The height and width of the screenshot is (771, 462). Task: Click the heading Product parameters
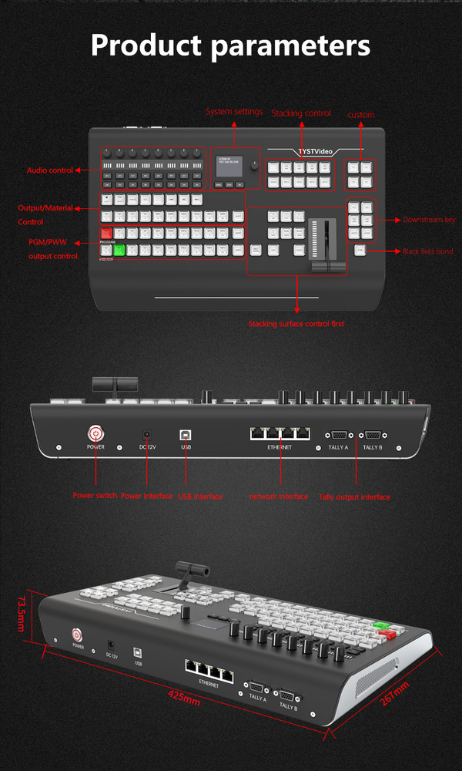click(x=230, y=45)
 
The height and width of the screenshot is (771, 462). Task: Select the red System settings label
click(x=234, y=112)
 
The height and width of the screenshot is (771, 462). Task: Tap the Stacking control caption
click(x=301, y=113)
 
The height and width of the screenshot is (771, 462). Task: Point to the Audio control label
click(x=50, y=170)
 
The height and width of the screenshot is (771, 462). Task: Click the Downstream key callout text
click(x=429, y=220)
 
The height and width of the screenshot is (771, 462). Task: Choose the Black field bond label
click(x=428, y=251)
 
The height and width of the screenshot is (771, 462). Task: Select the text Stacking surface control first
click(x=296, y=324)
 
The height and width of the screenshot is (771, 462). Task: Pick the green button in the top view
click(x=119, y=249)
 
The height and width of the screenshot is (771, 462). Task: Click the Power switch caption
click(x=95, y=496)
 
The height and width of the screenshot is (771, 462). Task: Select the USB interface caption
click(x=200, y=496)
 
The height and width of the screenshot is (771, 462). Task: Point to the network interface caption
click(x=278, y=497)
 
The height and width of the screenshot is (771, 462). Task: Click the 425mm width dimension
click(x=185, y=702)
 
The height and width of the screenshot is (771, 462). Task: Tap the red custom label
click(x=360, y=115)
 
